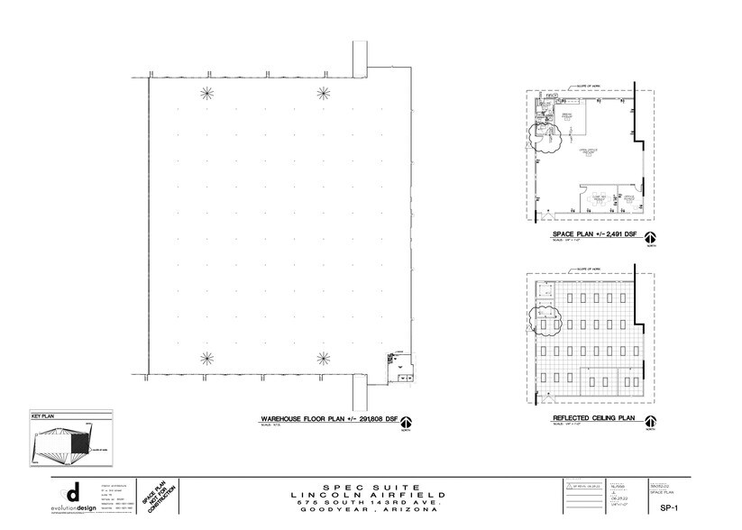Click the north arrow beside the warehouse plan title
click(x=407, y=422)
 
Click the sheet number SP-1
click(x=694, y=508)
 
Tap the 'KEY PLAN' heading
click(x=44, y=417)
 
